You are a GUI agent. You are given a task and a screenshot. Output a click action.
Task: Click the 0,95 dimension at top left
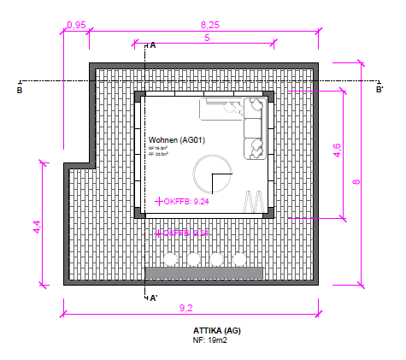click(75, 25)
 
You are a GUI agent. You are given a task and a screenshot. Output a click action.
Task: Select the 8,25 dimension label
click(209, 26)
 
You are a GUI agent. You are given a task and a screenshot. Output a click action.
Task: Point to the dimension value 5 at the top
click(207, 39)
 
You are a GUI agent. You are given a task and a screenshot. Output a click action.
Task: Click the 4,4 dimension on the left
click(37, 227)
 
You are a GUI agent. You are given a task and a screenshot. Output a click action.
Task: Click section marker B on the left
click(20, 88)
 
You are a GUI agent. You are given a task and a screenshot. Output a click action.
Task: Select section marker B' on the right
click(380, 88)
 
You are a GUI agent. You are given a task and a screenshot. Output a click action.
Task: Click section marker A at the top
click(152, 45)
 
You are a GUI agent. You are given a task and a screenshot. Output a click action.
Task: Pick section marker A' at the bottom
click(153, 298)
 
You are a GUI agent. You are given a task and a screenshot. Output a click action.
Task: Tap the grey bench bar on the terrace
click(203, 272)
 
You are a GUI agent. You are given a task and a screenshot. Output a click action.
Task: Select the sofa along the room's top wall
click(231, 109)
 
